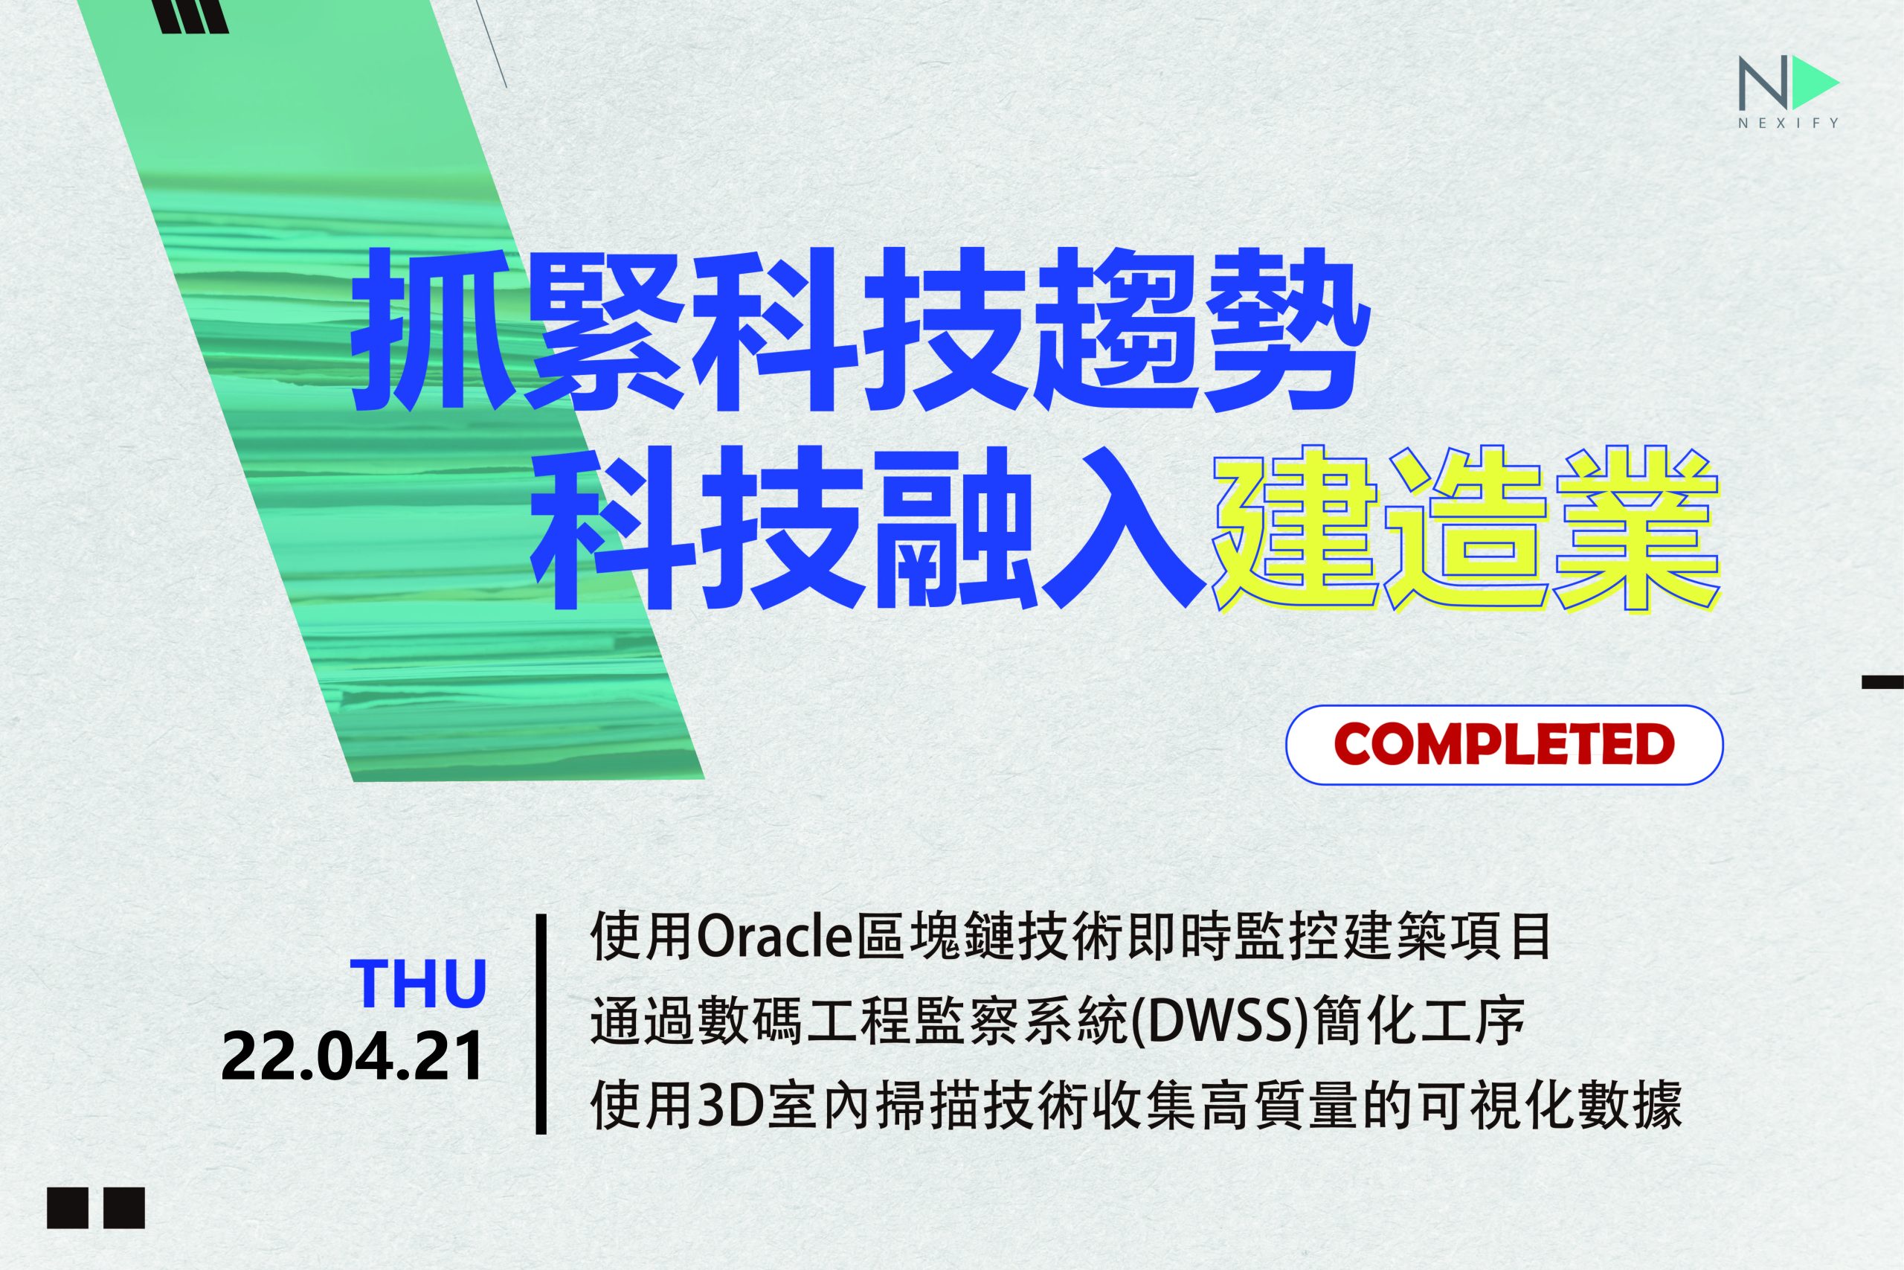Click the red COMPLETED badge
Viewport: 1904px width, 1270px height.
click(x=1505, y=745)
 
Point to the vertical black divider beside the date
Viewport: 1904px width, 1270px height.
click(x=541, y=1024)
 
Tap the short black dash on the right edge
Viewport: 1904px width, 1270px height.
click(x=1883, y=682)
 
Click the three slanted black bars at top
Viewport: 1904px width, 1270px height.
click(x=194, y=16)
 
